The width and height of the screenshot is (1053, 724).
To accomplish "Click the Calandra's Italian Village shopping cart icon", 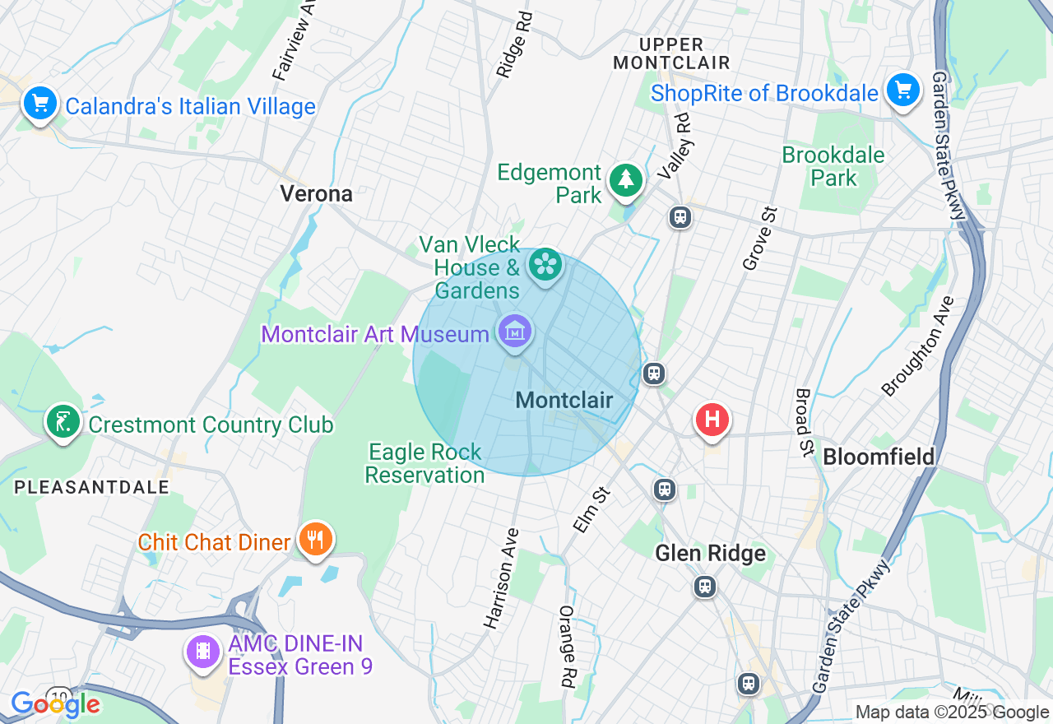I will point(40,104).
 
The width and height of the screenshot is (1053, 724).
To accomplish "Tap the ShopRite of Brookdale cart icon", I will point(903,89).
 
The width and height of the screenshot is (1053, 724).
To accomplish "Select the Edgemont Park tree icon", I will point(626,180).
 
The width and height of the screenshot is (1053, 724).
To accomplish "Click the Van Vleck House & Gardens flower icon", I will point(545,265).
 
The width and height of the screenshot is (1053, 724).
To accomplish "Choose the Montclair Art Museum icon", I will point(515,332).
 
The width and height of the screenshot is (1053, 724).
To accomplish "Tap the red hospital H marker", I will point(712,420).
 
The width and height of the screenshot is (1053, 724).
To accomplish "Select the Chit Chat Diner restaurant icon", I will point(314,540).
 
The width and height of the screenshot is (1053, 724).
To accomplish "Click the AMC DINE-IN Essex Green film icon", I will point(202,652).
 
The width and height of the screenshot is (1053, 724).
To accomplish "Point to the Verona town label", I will point(316,194).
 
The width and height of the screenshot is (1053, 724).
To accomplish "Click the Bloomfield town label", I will point(879,457).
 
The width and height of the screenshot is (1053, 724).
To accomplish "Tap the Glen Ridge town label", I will point(710,553).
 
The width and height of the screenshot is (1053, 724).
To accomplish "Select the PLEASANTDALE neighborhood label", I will point(91,487).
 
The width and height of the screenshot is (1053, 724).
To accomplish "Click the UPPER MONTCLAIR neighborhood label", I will point(671,53).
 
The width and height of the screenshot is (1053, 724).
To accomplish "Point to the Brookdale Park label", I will point(833,166).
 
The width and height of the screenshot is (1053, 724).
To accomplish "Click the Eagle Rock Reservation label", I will point(424,463).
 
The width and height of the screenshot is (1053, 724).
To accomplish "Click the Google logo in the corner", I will point(55,705).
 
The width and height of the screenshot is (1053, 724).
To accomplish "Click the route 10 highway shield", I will point(58,695).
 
